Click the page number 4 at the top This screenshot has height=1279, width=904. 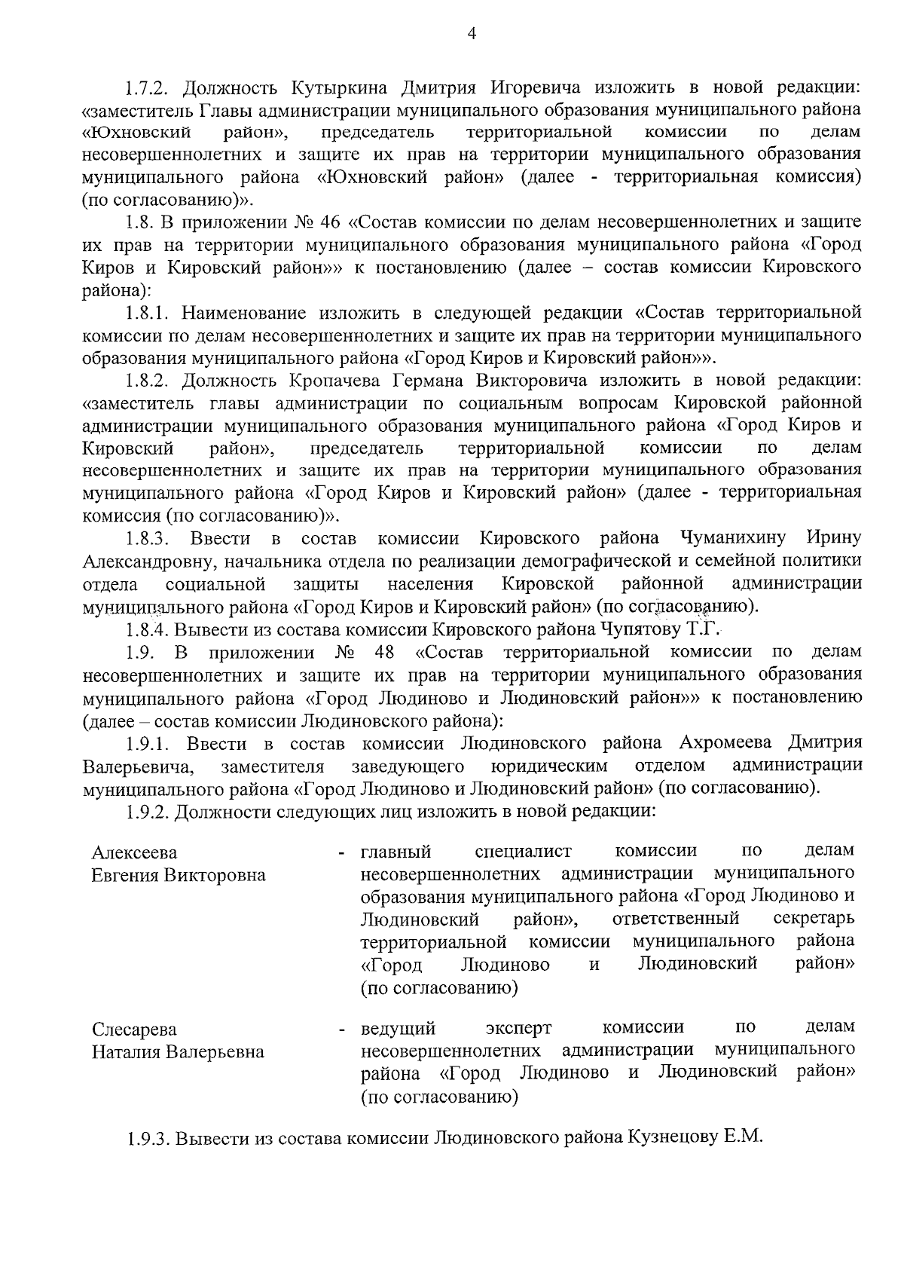point(472,32)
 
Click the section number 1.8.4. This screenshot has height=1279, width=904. point(146,629)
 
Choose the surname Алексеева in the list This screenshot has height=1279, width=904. point(135,852)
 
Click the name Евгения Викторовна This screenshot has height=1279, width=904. point(179,875)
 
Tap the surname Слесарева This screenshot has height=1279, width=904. point(134,1030)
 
